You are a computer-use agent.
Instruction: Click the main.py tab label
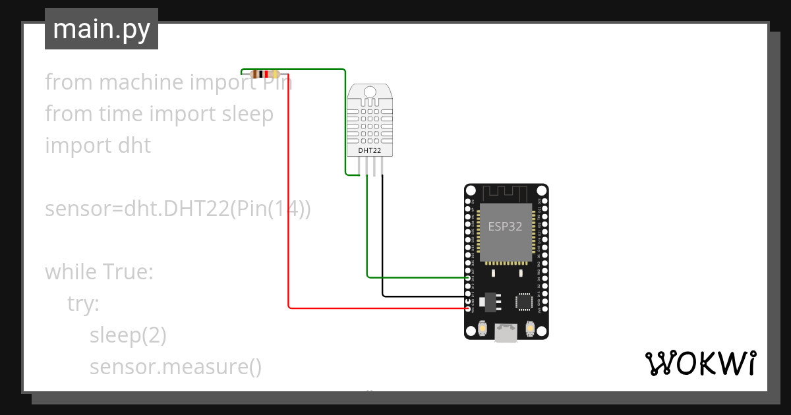pyautogui.click(x=101, y=29)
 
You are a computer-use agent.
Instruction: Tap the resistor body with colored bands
pyautogui.click(x=266, y=74)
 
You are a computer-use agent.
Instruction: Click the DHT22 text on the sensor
pyautogui.click(x=369, y=151)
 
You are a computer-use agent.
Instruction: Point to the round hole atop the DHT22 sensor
pyautogui.click(x=369, y=91)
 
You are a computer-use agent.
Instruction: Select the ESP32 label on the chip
pyautogui.click(x=505, y=227)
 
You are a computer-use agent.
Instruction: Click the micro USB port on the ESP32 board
pyautogui.click(x=506, y=334)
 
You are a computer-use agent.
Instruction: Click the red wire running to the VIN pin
pyautogui.click(x=289, y=198)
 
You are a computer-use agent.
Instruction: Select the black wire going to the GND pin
pyautogui.click(x=422, y=296)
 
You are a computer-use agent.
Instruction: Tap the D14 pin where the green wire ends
pyautogui.click(x=468, y=277)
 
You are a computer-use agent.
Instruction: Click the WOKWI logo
pyautogui.click(x=699, y=363)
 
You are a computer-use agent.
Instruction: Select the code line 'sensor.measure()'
pyautogui.click(x=175, y=366)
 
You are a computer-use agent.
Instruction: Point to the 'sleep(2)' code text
pyautogui.click(x=128, y=335)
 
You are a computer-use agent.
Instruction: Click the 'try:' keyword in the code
pyautogui.click(x=83, y=304)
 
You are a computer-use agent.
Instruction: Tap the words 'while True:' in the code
pyautogui.click(x=99, y=271)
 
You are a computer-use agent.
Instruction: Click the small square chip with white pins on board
pyautogui.click(x=525, y=301)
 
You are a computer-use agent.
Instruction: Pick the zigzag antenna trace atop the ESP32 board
pyautogui.click(x=506, y=192)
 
